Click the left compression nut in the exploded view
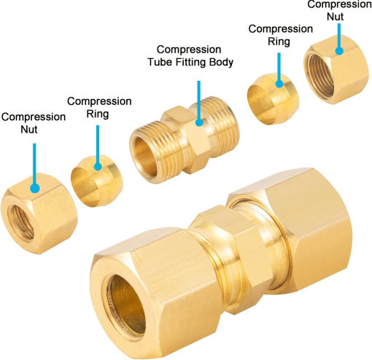click(x=39, y=214)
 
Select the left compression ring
click(x=97, y=181)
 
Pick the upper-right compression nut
click(x=336, y=70)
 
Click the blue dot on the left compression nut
click(x=35, y=189)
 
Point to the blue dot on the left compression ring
click(x=98, y=167)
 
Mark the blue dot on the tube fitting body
click(x=199, y=122)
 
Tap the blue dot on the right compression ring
click(x=279, y=84)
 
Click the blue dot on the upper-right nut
click(x=339, y=51)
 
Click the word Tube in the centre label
click(x=159, y=62)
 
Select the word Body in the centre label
click(x=221, y=62)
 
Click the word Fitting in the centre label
click(x=190, y=63)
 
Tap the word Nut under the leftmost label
click(x=29, y=129)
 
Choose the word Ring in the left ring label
click(x=98, y=114)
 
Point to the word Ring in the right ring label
click(x=279, y=42)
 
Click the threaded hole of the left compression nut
click(x=20, y=222)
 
